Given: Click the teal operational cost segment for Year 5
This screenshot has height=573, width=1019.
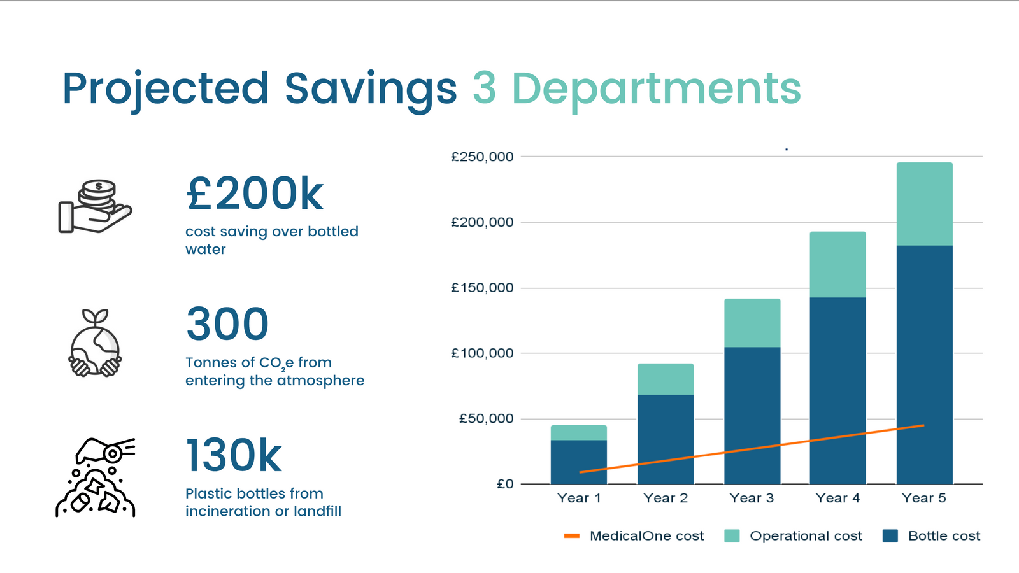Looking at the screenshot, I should pyautogui.click(x=924, y=204).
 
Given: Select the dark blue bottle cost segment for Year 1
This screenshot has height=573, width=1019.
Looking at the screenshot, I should pyautogui.click(x=578, y=456).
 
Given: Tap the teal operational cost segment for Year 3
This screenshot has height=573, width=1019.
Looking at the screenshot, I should pyautogui.click(x=752, y=323).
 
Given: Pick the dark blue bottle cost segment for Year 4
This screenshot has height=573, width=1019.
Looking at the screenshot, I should pyautogui.click(x=837, y=382).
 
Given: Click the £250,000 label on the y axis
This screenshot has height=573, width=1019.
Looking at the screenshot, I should pyautogui.click(x=482, y=157).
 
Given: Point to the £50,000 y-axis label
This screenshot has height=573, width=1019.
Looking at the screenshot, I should pyautogui.click(x=486, y=418).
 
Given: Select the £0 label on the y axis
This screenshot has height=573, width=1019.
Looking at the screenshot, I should pyautogui.click(x=504, y=484).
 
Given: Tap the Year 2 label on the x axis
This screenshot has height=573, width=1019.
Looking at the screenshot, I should pyautogui.click(x=666, y=498).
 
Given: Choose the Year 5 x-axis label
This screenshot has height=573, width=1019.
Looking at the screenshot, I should pyautogui.click(x=924, y=498).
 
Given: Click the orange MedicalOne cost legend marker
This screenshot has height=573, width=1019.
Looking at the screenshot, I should pyautogui.click(x=571, y=535).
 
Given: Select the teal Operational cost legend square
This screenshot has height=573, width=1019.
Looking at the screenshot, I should pyautogui.click(x=732, y=535).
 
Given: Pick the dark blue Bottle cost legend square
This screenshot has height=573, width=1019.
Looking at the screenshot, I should pyautogui.click(x=890, y=535).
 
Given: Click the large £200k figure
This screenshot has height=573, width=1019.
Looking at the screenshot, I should pyautogui.click(x=255, y=194).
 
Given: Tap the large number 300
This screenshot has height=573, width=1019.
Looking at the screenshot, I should pyautogui.click(x=227, y=324).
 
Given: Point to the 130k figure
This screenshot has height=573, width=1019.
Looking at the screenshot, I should pyautogui.click(x=234, y=455).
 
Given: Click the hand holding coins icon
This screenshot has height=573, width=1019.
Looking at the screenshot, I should pyautogui.click(x=95, y=206).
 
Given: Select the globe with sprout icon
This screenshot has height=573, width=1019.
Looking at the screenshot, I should pyautogui.click(x=95, y=344).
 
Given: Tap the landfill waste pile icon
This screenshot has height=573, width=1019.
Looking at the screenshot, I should pyautogui.click(x=96, y=478).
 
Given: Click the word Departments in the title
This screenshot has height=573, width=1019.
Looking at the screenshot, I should pyautogui.click(x=656, y=88).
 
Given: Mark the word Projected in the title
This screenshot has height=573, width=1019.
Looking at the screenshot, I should pyautogui.click(x=166, y=88).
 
